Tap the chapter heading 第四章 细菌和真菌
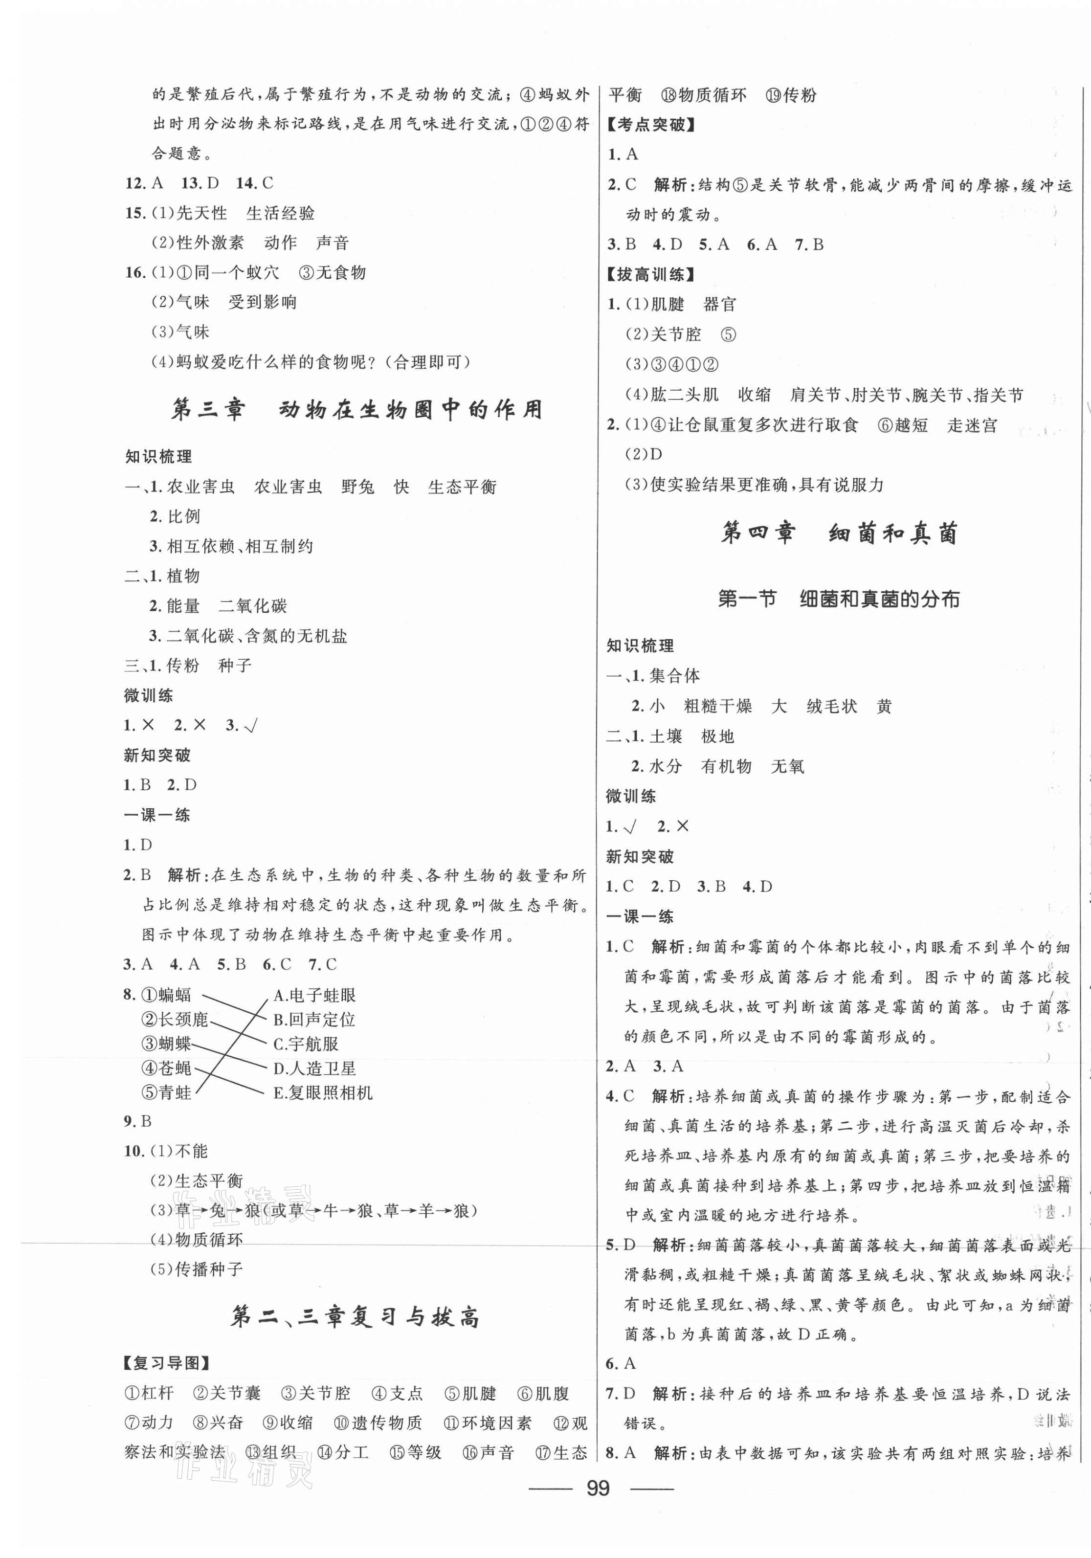[x=839, y=534]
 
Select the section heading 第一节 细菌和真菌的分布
[x=839, y=599]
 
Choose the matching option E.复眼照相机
[x=322, y=1092]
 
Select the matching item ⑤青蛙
[x=166, y=1092]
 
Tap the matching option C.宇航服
[x=305, y=1044]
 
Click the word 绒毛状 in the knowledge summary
[x=832, y=707]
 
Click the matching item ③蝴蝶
[x=166, y=1044]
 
